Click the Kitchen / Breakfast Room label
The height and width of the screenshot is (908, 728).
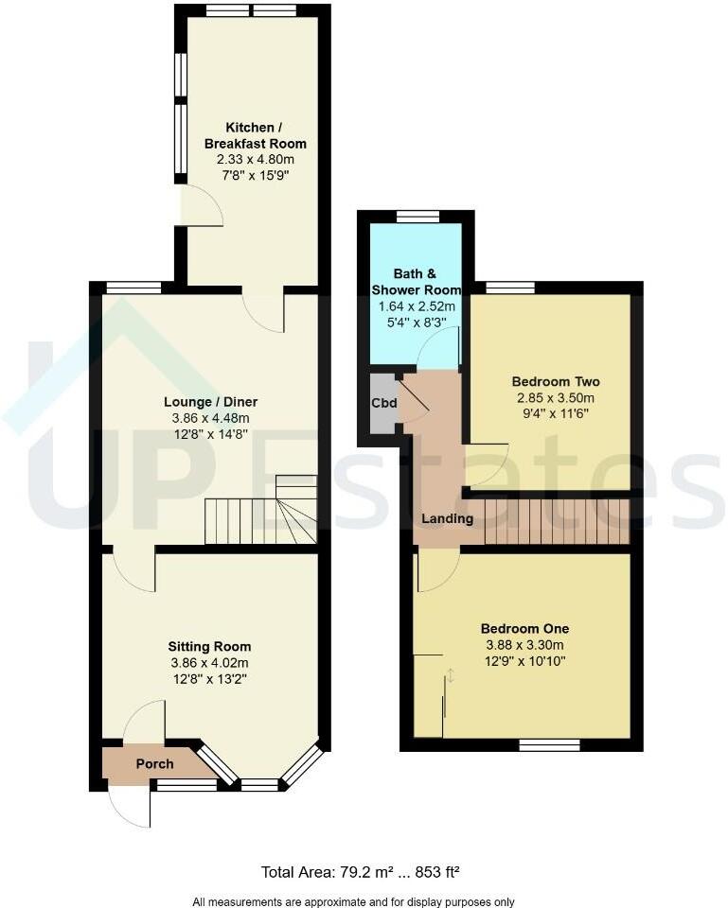tap(256, 135)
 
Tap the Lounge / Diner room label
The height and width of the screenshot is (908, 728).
tap(209, 402)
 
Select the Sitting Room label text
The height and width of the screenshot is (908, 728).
tap(209, 646)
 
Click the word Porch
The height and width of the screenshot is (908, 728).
tap(148, 764)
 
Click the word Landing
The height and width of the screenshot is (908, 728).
tap(447, 518)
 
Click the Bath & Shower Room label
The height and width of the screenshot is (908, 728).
tap(416, 281)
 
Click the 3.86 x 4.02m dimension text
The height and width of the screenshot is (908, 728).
tap(209, 662)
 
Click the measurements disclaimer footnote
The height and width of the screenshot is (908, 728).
tap(364, 900)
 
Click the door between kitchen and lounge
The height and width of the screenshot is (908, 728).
tap(264, 311)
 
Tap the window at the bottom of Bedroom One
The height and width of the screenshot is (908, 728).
tap(549, 745)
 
